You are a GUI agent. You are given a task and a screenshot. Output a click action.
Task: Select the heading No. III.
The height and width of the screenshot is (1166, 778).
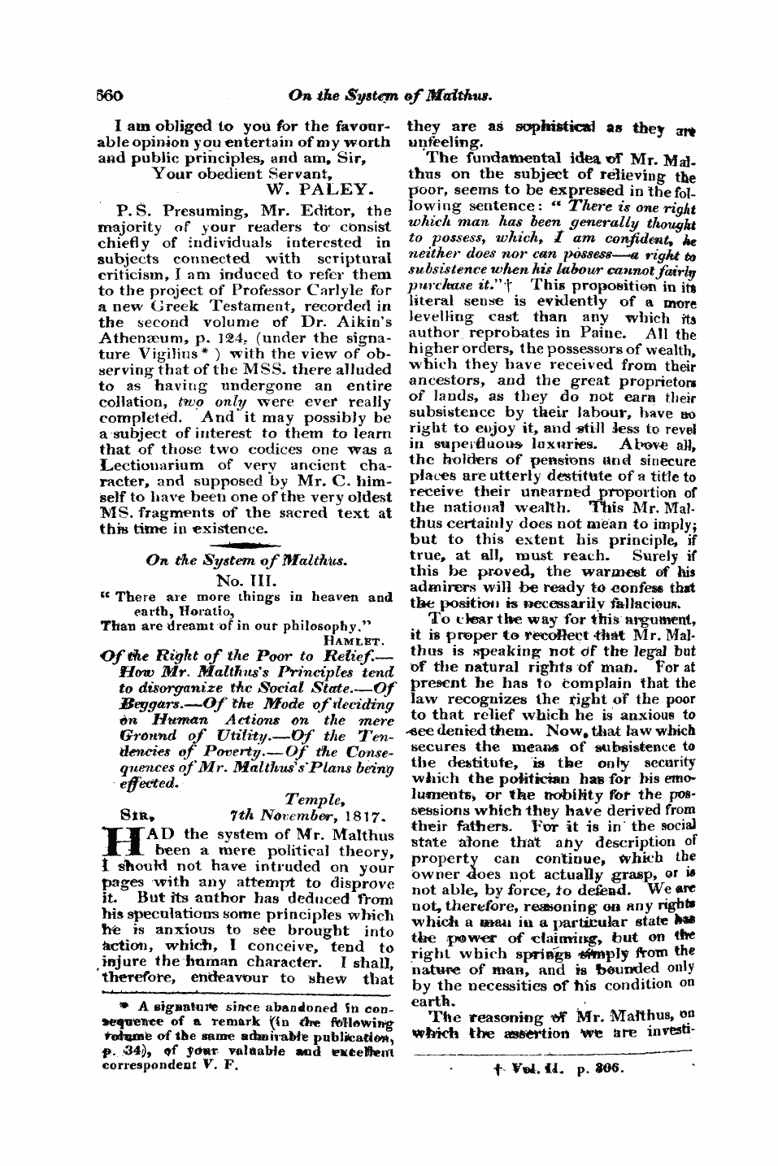click(x=246, y=581)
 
